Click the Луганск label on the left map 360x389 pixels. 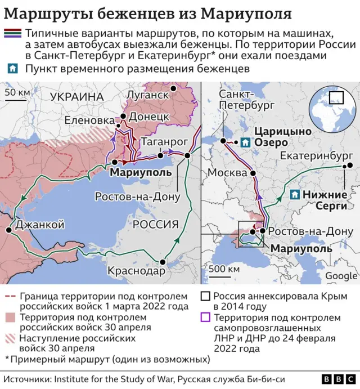(x=148, y=94)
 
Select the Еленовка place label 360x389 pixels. (x=89, y=120)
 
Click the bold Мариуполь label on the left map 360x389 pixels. (x=141, y=172)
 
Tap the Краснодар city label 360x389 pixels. (x=137, y=271)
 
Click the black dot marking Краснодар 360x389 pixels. (x=164, y=261)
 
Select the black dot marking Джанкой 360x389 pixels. (x=9, y=230)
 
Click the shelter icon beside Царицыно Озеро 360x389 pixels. (x=245, y=143)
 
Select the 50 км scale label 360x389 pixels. (x=17, y=92)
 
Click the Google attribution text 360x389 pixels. (x=341, y=276)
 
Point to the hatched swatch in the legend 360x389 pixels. (x=10, y=340)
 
